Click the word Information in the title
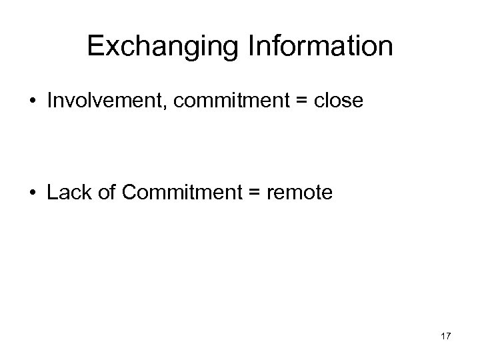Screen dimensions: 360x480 [321, 46]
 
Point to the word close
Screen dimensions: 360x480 [339, 102]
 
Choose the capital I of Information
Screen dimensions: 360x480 [251, 46]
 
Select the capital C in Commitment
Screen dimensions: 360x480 [130, 193]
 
